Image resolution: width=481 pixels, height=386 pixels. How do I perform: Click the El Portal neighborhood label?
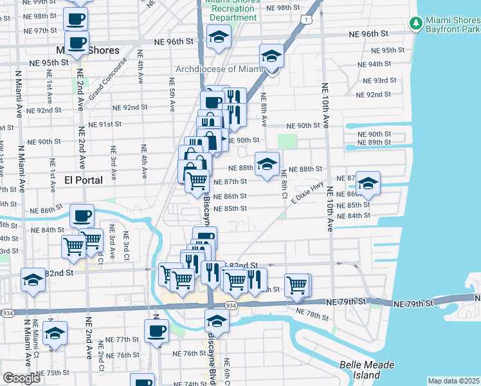click(x=84, y=180)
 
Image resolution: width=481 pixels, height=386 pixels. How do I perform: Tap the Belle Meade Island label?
click(x=367, y=370)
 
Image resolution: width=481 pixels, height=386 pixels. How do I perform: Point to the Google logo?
click(x=21, y=378)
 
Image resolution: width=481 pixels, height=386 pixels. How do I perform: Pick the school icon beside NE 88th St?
click(x=267, y=163)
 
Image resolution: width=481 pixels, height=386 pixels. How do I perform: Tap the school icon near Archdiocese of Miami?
click(x=271, y=57)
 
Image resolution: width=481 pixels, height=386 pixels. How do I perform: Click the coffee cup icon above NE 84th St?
click(x=82, y=216)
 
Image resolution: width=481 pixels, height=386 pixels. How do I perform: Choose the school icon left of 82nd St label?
click(x=33, y=280)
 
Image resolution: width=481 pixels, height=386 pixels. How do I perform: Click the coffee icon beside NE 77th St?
click(x=156, y=331)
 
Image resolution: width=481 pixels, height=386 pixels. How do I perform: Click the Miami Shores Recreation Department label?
click(x=233, y=10)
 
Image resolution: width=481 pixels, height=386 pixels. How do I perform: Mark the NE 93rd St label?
click(x=379, y=80)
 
